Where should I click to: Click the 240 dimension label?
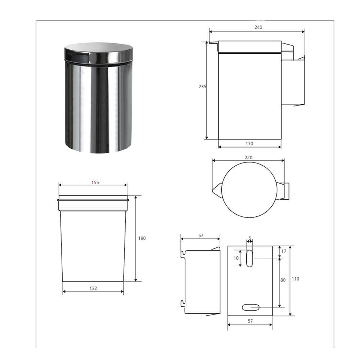click(x=258, y=27)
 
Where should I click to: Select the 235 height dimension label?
click(x=202, y=86)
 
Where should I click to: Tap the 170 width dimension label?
click(x=249, y=144)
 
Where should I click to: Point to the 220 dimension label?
click(x=248, y=158)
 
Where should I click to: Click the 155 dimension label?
click(x=95, y=182)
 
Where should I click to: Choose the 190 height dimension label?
click(x=142, y=238)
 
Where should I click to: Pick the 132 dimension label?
click(x=93, y=288)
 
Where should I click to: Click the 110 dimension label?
click(x=296, y=279)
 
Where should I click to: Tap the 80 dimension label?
click(x=283, y=280)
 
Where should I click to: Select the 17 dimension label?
click(x=284, y=251)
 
